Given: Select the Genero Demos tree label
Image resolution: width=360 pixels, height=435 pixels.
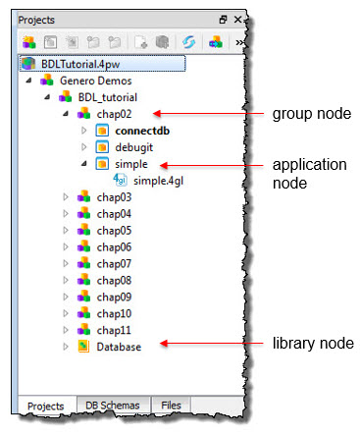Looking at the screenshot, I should click(x=88, y=81).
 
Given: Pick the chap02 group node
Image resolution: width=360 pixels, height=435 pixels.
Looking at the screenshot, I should click(x=114, y=114).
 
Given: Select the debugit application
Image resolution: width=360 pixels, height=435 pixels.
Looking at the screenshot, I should click(x=134, y=147).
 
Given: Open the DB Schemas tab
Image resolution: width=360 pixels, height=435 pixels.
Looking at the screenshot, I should click(x=112, y=405).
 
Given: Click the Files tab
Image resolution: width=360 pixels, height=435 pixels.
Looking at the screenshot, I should click(x=171, y=405).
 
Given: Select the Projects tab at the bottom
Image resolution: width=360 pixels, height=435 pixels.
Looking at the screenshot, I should click(x=44, y=405).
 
